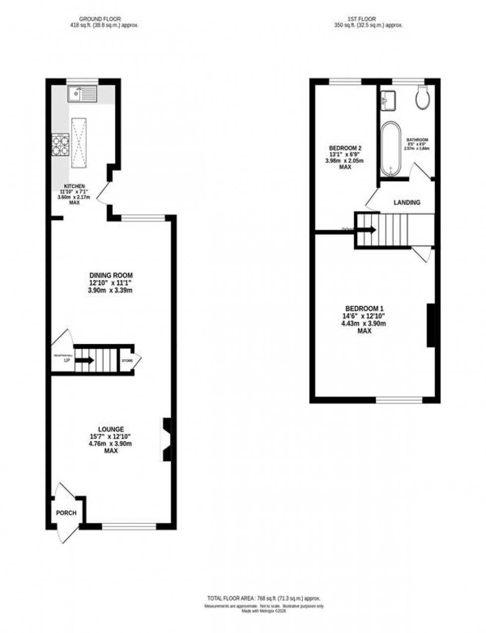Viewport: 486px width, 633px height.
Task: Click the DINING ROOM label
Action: point(111,276)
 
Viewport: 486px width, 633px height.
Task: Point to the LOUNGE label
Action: point(111,429)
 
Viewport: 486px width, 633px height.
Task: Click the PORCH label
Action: point(66,513)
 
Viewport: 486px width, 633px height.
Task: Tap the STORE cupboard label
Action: point(127,360)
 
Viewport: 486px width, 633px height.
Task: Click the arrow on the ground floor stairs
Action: point(84,360)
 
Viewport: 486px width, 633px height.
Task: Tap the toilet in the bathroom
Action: point(423,97)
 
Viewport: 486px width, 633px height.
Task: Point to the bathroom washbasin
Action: point(388,100)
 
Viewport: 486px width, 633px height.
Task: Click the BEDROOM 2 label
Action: point(345,148)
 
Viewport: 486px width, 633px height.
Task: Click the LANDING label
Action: point(407,203)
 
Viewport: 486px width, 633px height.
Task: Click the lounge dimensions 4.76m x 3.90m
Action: point(111,444)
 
